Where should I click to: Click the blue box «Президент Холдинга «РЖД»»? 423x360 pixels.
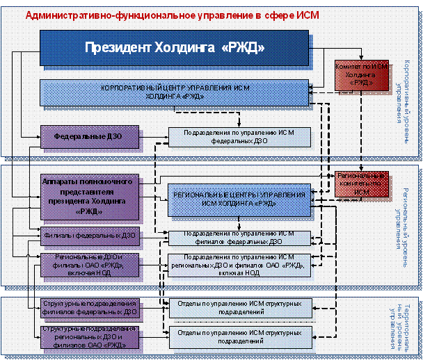pos(174,48)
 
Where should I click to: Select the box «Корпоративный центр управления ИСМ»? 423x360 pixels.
pos(174,92)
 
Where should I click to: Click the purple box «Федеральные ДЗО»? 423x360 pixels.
pos(90,136)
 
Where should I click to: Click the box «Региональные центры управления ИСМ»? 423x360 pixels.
pos(239,198)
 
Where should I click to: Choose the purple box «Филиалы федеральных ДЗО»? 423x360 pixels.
pos(90,236)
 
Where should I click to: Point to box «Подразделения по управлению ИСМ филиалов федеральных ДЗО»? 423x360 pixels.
pos(239,238)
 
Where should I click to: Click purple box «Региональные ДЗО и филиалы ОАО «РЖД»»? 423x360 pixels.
pos(90,265)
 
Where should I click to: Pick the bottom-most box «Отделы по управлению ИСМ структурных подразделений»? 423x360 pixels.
pos(239,337)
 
